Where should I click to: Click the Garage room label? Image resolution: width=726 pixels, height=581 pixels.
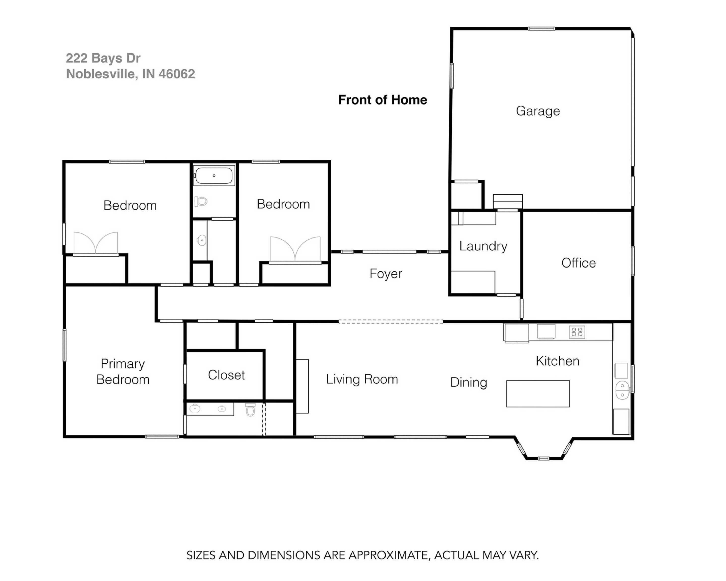[x=538, y=111]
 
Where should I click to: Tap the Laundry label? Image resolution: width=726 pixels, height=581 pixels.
[x=483, y=246]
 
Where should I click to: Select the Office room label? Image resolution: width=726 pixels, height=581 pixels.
[x=578, y=263]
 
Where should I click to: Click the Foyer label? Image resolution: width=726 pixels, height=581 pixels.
[x=385, y=274]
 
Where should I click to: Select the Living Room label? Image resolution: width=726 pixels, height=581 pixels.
[x=362, y=379]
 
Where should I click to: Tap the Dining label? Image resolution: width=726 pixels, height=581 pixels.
[x=468, y=382]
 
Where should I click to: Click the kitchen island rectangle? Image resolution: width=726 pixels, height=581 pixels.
[x=538, y=394]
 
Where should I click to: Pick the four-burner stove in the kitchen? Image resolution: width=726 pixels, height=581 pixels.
[x=577, y=332]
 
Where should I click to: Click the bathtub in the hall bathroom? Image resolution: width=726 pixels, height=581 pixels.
[x=214, y=176]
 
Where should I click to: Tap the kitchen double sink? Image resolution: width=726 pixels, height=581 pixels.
[x=622, y=390]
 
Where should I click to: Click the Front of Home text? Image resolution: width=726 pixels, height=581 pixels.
[x=382, y=100]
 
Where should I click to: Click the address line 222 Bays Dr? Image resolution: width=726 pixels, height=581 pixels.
[x=103, y=58]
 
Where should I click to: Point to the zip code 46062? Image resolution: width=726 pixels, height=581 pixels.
[x=177, y=74]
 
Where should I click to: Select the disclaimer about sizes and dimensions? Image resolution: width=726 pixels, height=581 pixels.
[x=363, y=555]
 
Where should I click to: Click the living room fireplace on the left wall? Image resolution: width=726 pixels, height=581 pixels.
[x=302, y=386]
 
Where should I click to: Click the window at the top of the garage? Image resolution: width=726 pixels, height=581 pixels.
[x=541, y=29]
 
